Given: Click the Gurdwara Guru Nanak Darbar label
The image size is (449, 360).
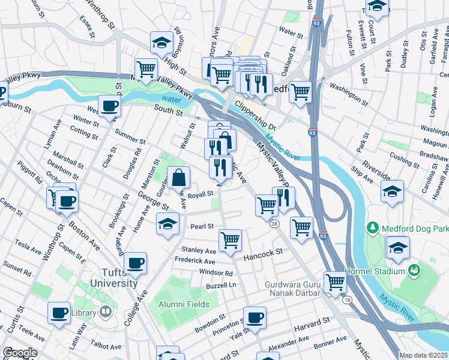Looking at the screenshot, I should pyautogui.click(x=297, y=289).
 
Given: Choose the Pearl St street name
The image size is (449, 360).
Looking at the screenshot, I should pyautogui.click(x=202, y=226).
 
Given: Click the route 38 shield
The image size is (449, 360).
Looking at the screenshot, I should pyautogui.click(x=274, y=224).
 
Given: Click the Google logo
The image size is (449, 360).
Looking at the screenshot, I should pyautogui.click(x=20, y=353).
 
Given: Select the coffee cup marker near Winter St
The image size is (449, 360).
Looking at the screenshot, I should pyautogui.click(x=109, y=107).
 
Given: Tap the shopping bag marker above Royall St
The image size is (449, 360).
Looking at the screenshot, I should pyautogui.click(x=179, y=178).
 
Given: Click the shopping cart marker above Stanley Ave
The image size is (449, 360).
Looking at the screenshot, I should pyautogui.click(x=230, y=240).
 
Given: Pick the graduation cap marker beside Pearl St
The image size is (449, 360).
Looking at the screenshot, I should pyautogui.click(x=168, y=224).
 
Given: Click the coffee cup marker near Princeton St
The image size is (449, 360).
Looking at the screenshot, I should pyautogui.click(x=255, y=317).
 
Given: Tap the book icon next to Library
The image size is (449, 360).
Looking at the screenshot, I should pyautogui.click(x=105, y=312).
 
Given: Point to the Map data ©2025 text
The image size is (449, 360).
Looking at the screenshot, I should pyautogui.click(x=423, y=355).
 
